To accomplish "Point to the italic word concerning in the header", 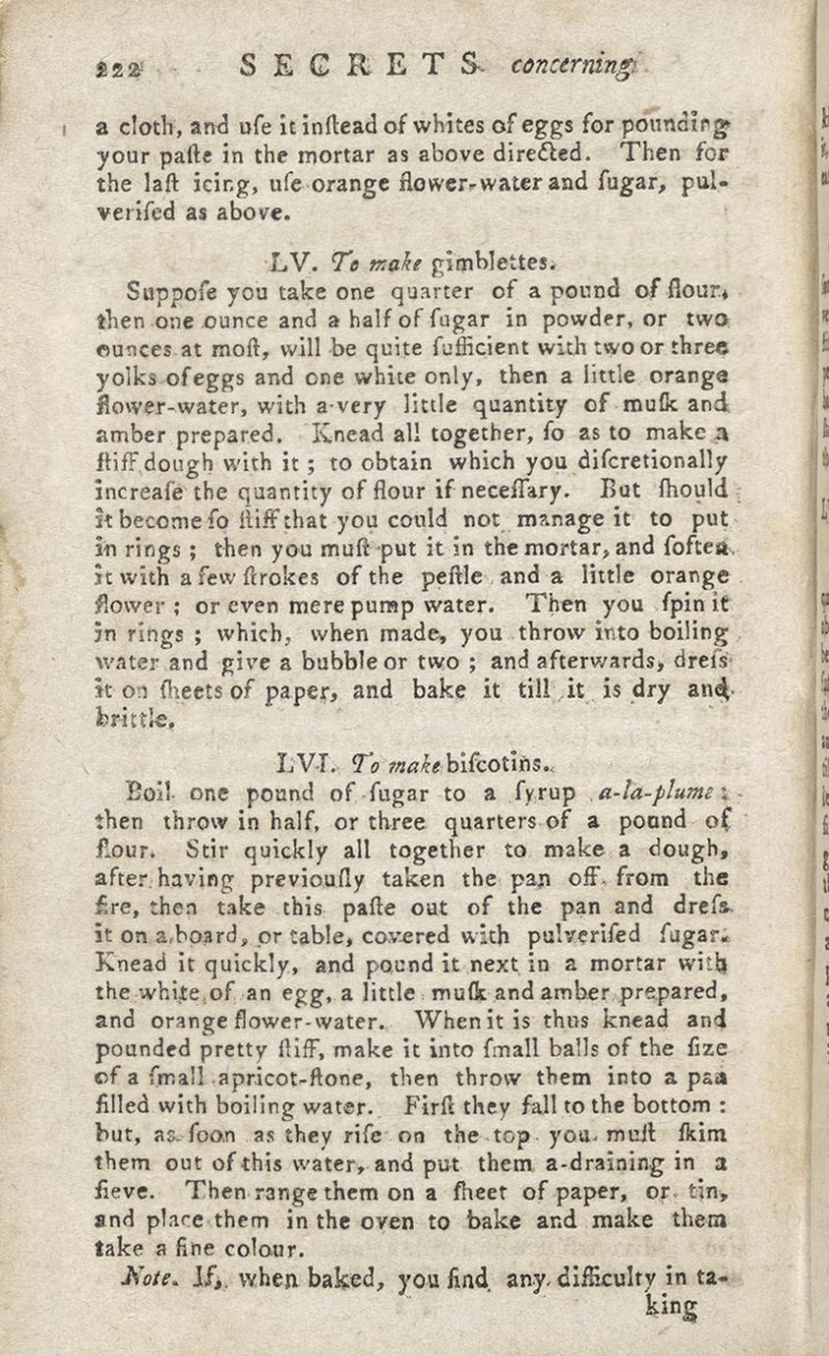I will coord(575,66).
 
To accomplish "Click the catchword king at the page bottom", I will coord(673,1309).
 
